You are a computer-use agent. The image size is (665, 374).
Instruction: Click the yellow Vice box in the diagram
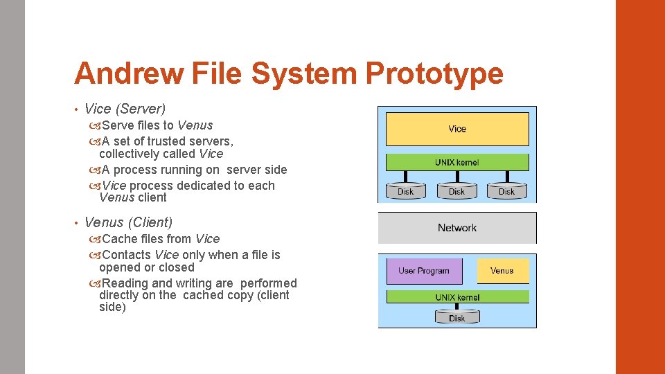click(x=457, y=129)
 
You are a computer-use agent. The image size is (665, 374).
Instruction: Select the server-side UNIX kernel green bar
click(x=457, y=162)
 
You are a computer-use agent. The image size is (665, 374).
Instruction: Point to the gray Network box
click(x=457, y=228)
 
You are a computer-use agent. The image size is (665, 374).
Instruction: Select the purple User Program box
click(x=424, y=271)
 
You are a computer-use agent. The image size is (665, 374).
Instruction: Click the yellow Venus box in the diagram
click(x=502, y=271)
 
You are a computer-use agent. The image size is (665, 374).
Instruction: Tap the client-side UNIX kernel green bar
click(x=457, y=297)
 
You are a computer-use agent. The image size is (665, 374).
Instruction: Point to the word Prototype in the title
click(x=434, y=73)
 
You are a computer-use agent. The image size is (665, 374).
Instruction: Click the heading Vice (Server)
click(x=125, y=109)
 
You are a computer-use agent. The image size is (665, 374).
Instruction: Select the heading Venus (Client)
click(x=128, y=222)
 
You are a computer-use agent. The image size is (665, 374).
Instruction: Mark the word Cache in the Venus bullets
click(x=119, y=239)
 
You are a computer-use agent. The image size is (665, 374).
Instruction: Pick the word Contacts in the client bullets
click(x=127, y=255)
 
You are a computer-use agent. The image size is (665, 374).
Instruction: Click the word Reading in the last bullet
click(x=125, y=283)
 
